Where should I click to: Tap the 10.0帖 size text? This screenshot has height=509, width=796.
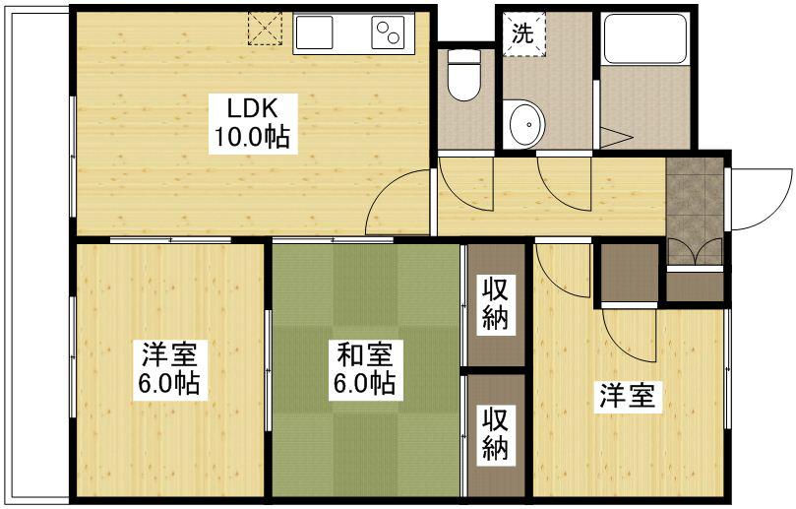pyautogui.click(x=252, y=138)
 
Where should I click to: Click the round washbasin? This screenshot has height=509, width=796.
pyautogui.click(x=526, y=124)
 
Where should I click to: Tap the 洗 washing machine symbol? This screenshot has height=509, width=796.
pyautogui.click(x=522, y=32)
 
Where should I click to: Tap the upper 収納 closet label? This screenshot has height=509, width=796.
pyautogui.click(x=495, y=303)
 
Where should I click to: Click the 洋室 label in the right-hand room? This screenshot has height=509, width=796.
pyautogui.click(x=629, y=398)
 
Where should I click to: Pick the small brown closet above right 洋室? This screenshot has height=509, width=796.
pyautogui.click(x=629, y=273)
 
